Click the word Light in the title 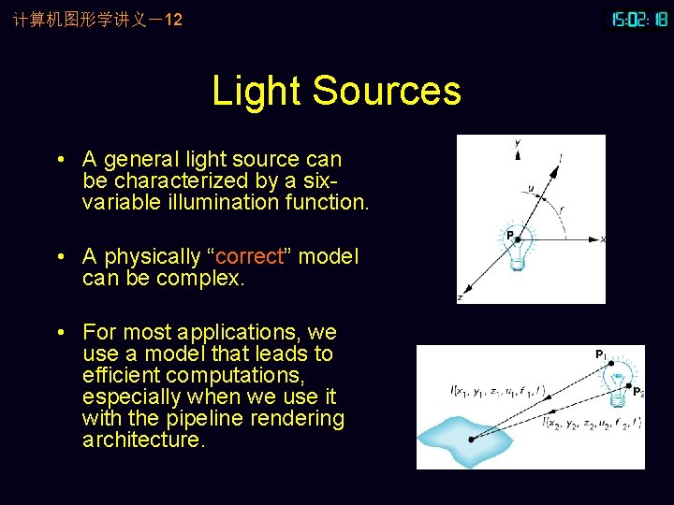click(257, 92)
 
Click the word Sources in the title click(386, 92)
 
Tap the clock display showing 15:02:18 click(639, 19)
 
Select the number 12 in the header click(173, 19)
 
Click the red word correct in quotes click(250, 256)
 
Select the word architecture click(142, 440)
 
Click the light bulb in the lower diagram click(617, 384)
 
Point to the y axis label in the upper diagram click(518, 142)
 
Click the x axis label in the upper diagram click(602, 239)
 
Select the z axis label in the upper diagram click(460, 296)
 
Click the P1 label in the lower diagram click(599, 354)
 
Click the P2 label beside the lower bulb click(637, 392)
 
